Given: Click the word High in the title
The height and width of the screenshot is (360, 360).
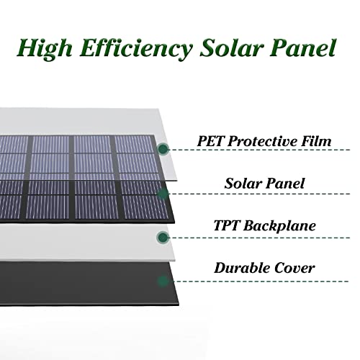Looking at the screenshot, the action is click(x=45, y=49).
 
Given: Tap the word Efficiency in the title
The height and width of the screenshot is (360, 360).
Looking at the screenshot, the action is click(x=136, y=49).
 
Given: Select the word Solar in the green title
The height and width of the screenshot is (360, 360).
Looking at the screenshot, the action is click(x=231, y=48).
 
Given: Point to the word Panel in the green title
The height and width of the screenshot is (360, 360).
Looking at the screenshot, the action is click(x=302, y=48).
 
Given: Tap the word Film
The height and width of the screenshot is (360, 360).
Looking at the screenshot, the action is click(x=316, y=141).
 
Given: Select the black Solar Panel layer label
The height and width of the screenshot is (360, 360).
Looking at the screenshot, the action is click(x=264, y=184).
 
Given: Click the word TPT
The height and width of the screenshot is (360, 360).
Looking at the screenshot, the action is click(x=227, y=225).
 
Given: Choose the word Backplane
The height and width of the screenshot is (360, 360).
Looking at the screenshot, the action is click(x=279, y=226).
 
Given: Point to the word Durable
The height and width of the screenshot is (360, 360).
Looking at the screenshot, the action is click(x=242, y=268).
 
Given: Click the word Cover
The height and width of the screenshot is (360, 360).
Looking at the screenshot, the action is click(x=294, y=268).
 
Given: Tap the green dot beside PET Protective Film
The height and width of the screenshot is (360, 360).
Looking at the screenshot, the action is click(x=163, y=149).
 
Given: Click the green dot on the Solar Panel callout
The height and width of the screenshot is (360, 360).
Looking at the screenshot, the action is click(x=163, y=194).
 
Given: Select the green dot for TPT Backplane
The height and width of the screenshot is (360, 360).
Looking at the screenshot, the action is click(x=163, y=238).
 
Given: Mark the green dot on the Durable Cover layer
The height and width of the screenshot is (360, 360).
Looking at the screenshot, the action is click(x=163, y=281).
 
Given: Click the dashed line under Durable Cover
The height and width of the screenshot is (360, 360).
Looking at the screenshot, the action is click(x=258, y=281).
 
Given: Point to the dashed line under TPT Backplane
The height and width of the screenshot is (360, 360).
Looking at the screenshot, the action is click(x=259, y=238).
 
